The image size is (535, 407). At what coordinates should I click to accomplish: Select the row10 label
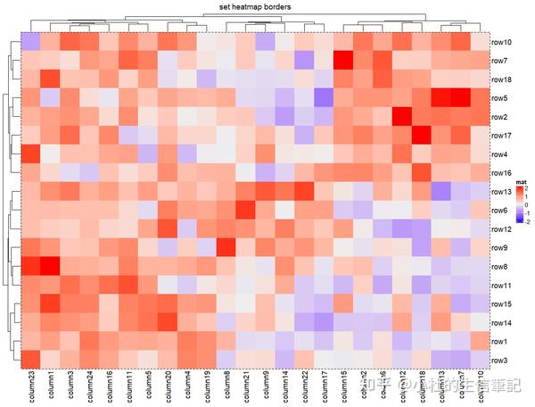click(x=500, y=42)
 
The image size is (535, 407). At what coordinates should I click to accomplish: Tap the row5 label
click(x=498, y=98)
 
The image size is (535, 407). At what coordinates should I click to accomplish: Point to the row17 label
click(x=500, y=136)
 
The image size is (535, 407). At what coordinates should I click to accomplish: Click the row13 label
click(x=500, y=192)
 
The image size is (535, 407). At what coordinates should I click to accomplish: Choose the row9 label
click(x=498, y=248)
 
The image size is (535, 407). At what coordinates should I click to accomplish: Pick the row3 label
click(x=498, y=360)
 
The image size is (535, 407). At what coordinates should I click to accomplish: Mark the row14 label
click(x=500, y=322)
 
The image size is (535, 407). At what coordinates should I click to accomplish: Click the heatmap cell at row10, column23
click(x=30, y=42)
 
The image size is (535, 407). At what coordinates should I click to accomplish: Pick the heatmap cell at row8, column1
click(x=50, y=266)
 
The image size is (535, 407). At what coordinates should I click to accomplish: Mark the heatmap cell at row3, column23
click(x=30, y=360)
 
